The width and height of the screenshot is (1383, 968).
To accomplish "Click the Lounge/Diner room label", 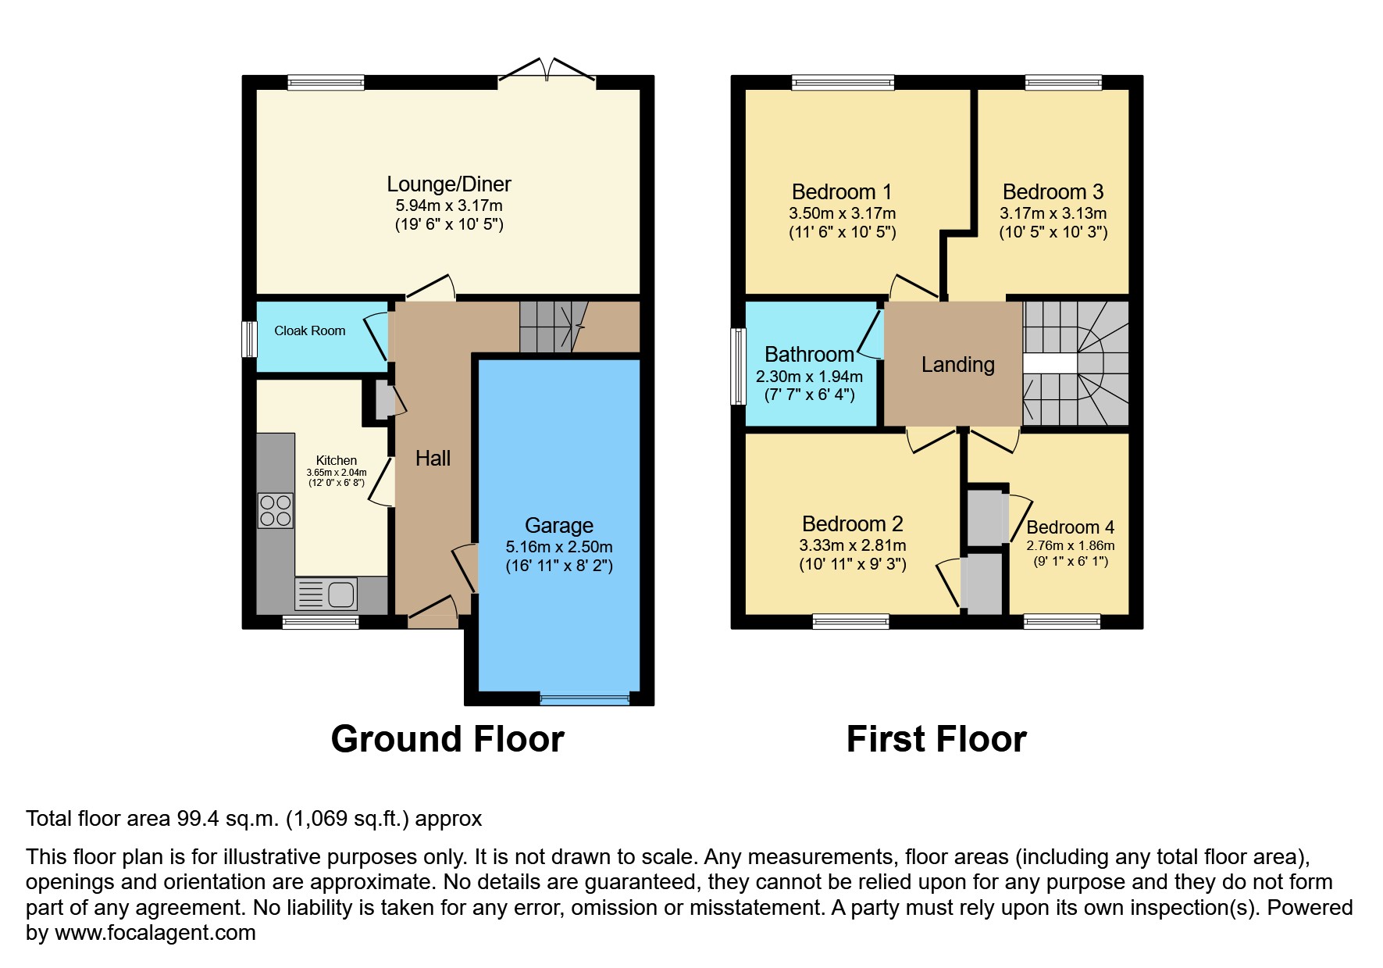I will pos(449,184).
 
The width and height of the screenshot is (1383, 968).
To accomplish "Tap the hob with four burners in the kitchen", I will pos(275,510).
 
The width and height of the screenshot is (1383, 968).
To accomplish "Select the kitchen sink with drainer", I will pos(326,594).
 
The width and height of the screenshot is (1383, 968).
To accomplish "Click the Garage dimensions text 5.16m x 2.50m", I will pos(559,547).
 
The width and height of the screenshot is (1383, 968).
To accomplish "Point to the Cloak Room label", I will pos(309,330).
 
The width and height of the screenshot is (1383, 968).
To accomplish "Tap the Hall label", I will pos(433,458).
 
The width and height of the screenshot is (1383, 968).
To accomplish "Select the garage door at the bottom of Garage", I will pos(585,699).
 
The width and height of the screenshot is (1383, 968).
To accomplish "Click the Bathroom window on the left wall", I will pos(737,366).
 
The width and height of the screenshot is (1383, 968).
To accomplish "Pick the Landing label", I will pos(957,365).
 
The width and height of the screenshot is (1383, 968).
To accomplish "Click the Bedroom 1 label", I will pos(841,192).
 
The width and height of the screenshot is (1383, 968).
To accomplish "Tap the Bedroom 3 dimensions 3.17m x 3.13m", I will pos(1053,213).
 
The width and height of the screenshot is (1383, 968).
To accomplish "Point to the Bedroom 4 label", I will pos(1070,527).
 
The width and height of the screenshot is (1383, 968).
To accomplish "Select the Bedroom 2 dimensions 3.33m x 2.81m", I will pos(852,545).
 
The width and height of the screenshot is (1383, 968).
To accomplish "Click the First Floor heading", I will pos(936,739).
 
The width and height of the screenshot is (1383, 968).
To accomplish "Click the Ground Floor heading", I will pos(447,739).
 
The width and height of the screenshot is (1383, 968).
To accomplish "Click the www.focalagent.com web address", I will pos(155,933).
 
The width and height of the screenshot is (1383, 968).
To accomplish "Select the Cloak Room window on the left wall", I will pos(249,339).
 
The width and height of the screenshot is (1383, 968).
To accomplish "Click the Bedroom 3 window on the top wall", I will pos(1063,82).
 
